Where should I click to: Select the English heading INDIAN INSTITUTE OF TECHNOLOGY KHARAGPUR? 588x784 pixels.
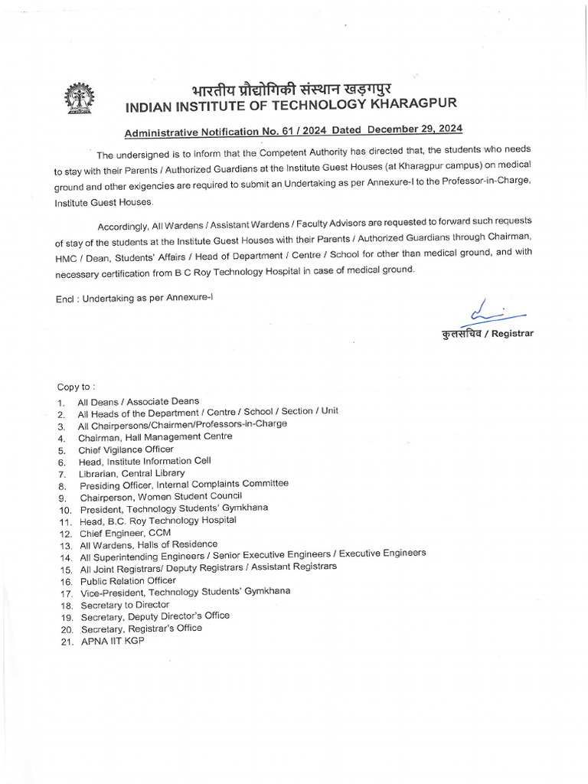[293, 104]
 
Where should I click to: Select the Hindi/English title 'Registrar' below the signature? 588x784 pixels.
[487, 333]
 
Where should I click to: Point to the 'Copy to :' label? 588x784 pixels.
[77, 387]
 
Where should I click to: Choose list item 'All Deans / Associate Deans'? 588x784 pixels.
[138, 401]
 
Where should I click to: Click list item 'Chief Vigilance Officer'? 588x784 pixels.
[126, 449]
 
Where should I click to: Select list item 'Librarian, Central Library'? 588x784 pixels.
[131, 474]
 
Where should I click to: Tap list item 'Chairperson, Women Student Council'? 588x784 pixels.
[161, 496]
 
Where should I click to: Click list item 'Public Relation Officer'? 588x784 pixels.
[128, 580]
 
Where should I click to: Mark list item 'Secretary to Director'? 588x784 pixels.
[125, 605]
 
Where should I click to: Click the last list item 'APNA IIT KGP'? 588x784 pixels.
[113, 641]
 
